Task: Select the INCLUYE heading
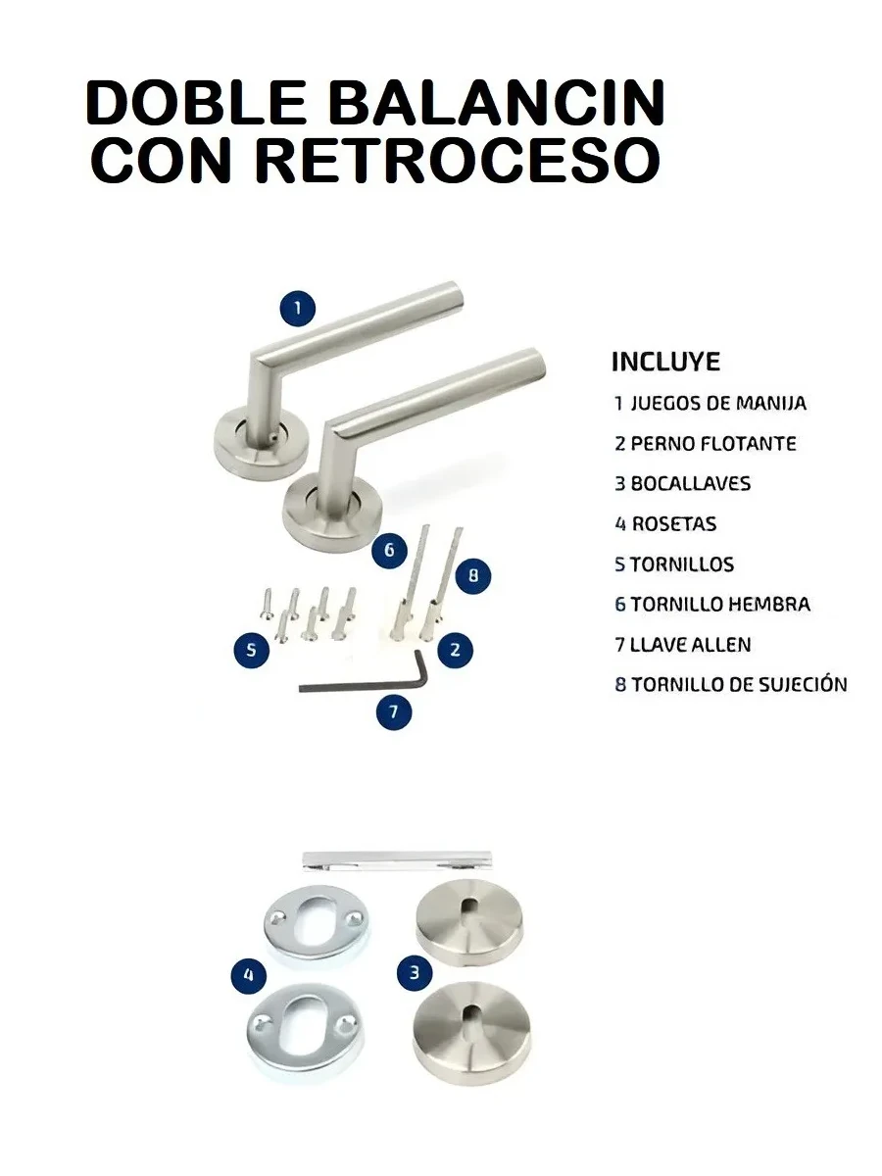click(665, 362)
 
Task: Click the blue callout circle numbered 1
click(298, 308)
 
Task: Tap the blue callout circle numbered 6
click(389, 550)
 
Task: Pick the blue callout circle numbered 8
click(473, 575)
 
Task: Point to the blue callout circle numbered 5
click(251, 650)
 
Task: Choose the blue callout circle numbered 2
click(455, 650)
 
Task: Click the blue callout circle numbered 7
click(394, 711)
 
